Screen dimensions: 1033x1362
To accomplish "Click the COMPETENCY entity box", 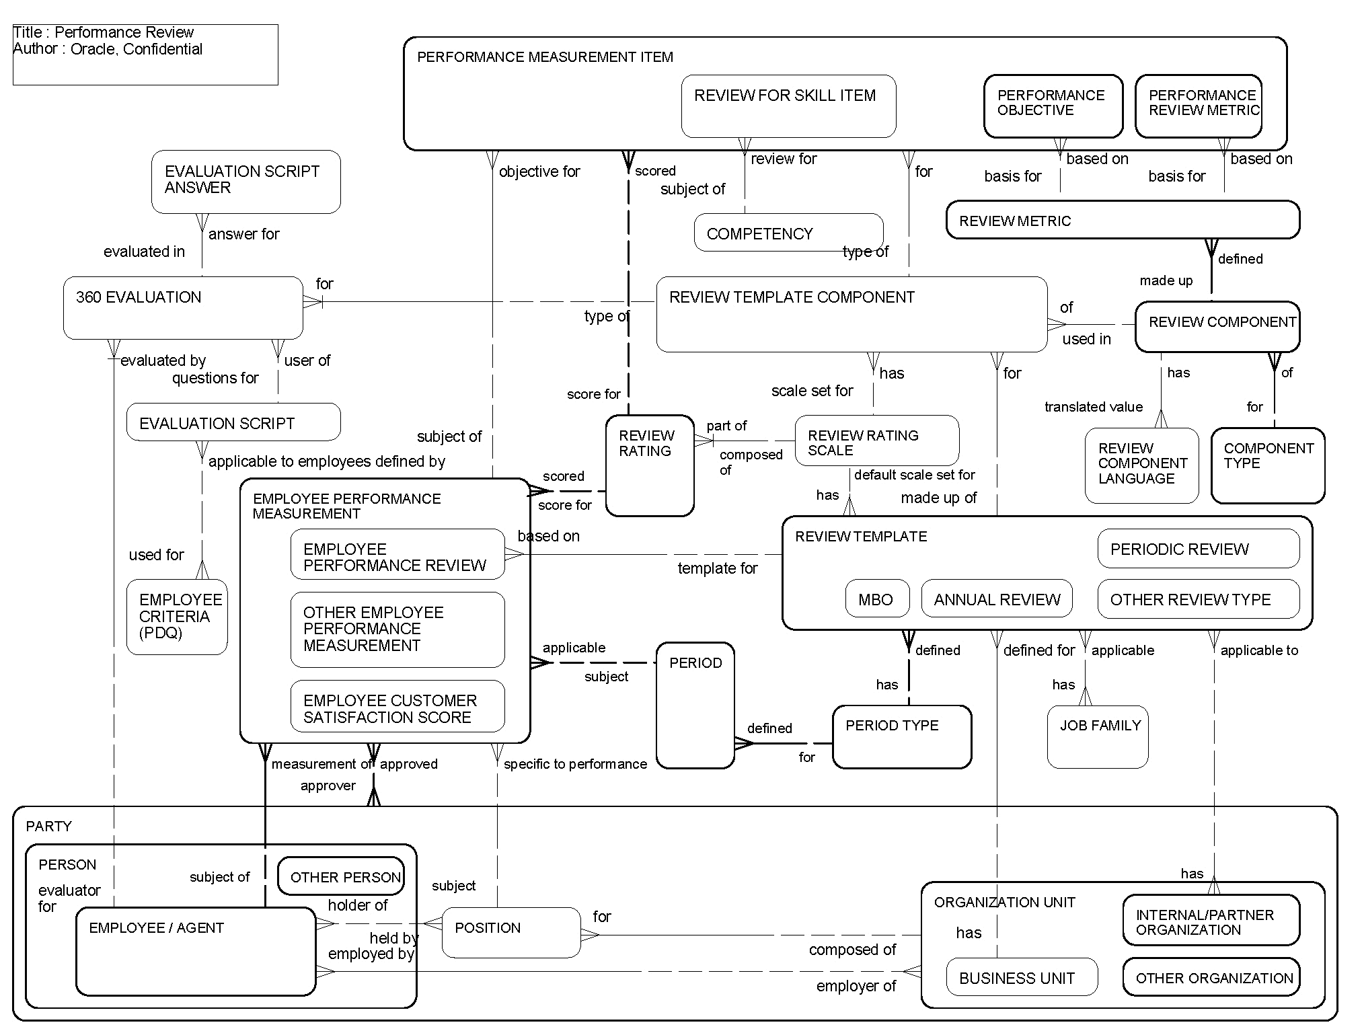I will [x=788, y=233].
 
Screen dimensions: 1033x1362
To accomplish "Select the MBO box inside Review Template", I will [x=877, y=599].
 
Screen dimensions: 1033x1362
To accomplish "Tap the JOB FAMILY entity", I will [x=1097, y=737].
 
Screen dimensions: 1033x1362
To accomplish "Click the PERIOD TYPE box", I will [x=901, y=737].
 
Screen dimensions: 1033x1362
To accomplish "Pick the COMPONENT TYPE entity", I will [x=1267, y=465].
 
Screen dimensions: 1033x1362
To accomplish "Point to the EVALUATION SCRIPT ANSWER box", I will [x=245, y=182].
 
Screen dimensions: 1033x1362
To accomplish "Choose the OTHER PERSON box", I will [x=341, y=876].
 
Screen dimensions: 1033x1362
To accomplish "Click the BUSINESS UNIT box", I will [x=1021, y=977].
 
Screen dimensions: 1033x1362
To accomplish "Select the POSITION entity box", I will [x=510, y=932].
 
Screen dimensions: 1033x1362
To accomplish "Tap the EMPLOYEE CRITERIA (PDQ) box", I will [x=177, y=617].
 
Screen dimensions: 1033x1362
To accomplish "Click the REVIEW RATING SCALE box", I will [x=876, y=441].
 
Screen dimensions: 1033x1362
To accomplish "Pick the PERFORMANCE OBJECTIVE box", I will [x=1053, y=106].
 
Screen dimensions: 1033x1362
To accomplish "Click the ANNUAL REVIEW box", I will [x=996, y=599].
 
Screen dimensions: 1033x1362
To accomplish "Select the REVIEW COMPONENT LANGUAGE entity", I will [x=1141, y=465].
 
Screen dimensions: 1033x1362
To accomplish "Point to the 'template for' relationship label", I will [x=717, y=568].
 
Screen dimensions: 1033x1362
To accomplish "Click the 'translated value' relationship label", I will [x=1093, y=407].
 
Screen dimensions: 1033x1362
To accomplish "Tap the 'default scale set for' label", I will [x=914, y=475].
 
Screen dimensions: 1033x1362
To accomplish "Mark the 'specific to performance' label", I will [x=575, y=764].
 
